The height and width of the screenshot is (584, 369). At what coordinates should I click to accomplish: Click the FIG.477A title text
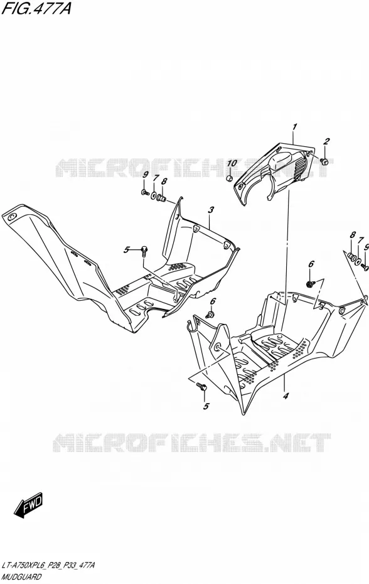coord(36,8)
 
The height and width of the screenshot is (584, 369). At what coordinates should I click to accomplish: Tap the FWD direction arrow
coord(29,505)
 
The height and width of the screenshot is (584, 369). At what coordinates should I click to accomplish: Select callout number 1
coord(294,127)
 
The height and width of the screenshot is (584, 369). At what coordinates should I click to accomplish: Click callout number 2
coord(326,141)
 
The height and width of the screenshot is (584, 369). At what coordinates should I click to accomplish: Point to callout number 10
coord(232,163)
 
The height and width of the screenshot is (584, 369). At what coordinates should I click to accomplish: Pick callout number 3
coord(211,210)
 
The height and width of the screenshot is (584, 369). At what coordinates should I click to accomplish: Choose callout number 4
coord(286,396)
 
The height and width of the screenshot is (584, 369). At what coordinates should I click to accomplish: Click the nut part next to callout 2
coord(324,161)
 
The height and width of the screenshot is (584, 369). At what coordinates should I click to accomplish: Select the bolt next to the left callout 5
coord(144,251)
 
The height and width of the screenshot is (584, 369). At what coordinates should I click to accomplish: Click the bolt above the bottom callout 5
coord(202,387)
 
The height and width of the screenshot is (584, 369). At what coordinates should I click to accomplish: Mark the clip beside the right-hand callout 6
coord(310,284)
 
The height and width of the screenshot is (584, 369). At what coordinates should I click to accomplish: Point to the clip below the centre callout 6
coord(210,315)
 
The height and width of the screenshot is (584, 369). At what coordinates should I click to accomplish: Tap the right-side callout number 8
coord(352,235)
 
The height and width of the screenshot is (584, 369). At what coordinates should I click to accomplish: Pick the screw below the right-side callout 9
coord(365,267)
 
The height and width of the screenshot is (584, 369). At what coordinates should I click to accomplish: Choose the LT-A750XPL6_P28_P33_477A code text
coord(48,566)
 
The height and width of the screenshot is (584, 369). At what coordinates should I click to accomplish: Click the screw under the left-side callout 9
coord(145,193)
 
